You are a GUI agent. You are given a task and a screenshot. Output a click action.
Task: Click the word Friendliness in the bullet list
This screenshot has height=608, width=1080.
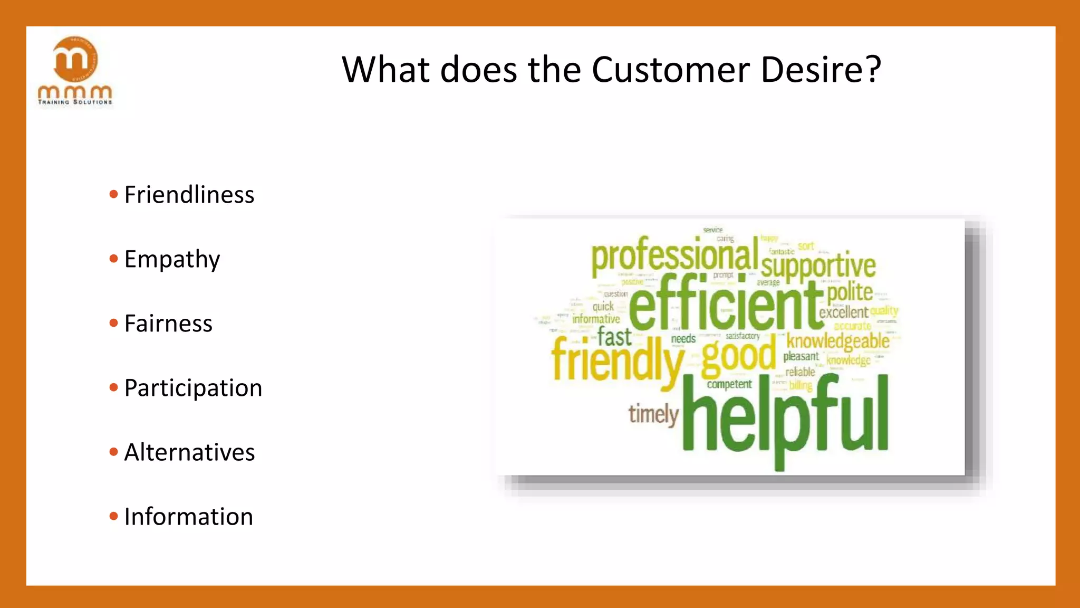click(x=189, y=195)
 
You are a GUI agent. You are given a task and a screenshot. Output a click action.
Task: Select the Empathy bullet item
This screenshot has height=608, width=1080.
click(x=172, y=259)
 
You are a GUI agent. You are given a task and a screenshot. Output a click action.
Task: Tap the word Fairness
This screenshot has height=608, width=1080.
click(x=168, y=324)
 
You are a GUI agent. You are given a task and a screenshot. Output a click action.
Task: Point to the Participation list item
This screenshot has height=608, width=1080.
click(x=193, y=388)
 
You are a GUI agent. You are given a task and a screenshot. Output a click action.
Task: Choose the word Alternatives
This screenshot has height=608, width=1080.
click(x=189, y=452)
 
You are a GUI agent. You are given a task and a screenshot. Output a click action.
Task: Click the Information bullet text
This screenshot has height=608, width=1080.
click(x=188, y=517)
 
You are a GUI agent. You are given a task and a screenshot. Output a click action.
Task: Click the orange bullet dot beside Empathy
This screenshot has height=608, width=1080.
click(x=113, y=259)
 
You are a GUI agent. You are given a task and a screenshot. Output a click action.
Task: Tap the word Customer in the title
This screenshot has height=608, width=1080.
click(x=670, y=70)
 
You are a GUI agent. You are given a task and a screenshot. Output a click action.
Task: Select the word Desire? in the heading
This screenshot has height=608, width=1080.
click(x=821, y=70)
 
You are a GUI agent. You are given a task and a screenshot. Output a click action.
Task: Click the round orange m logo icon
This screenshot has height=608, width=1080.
click(x=75, y=59)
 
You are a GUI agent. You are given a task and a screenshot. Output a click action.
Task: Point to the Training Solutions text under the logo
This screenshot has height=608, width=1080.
click(x=75, y=102)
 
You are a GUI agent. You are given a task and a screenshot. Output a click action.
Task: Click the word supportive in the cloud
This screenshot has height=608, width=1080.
click(x=818, y=265)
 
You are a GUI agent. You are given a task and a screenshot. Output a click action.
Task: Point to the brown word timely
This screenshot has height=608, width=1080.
click(x=653, y=414)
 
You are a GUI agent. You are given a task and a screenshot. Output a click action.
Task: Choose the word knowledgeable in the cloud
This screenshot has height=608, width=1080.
click(x=837, y=341)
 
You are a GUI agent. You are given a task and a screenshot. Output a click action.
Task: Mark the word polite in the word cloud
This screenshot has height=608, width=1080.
click(x=849, y=292)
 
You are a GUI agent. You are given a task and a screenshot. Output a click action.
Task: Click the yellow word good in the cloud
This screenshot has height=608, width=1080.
click(x=738, y=356)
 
